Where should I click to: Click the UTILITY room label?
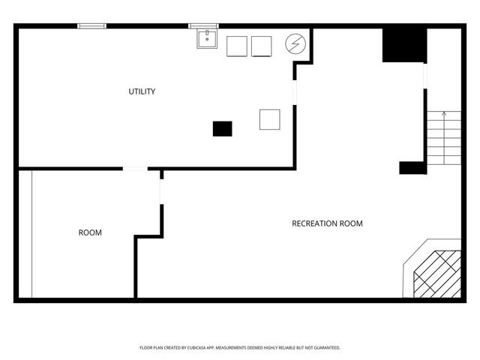pyautogui.click(x=142, y=91)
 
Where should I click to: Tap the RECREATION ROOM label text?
pyautogui.click(x=327, y=223)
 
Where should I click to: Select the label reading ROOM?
pyautogui.click(x=90, y=232)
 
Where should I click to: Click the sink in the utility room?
pyautogui.click(x=207, y=38)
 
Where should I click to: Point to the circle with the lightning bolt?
pyautogui.click(x=295, y=44)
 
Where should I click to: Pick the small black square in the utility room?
pyautogui.click(x=222, y=128)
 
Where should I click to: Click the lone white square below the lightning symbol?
pyautogui.click(x=269, y=119)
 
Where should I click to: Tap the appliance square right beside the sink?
pyautogui.click(x=237, y=46)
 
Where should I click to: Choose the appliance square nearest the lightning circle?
pyautogui.click(x=261, y=46)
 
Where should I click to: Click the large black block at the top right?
pyautogui.click(x=404, y=45)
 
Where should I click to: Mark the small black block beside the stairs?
pyautogui.click(x=412, y=168)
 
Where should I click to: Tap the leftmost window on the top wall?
pyautogui.click(x=92, y=26)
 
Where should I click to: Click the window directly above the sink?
pyautogui.click(x=203, y=26)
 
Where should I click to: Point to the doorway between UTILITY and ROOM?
pyautogui.click(x=135, y=169)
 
